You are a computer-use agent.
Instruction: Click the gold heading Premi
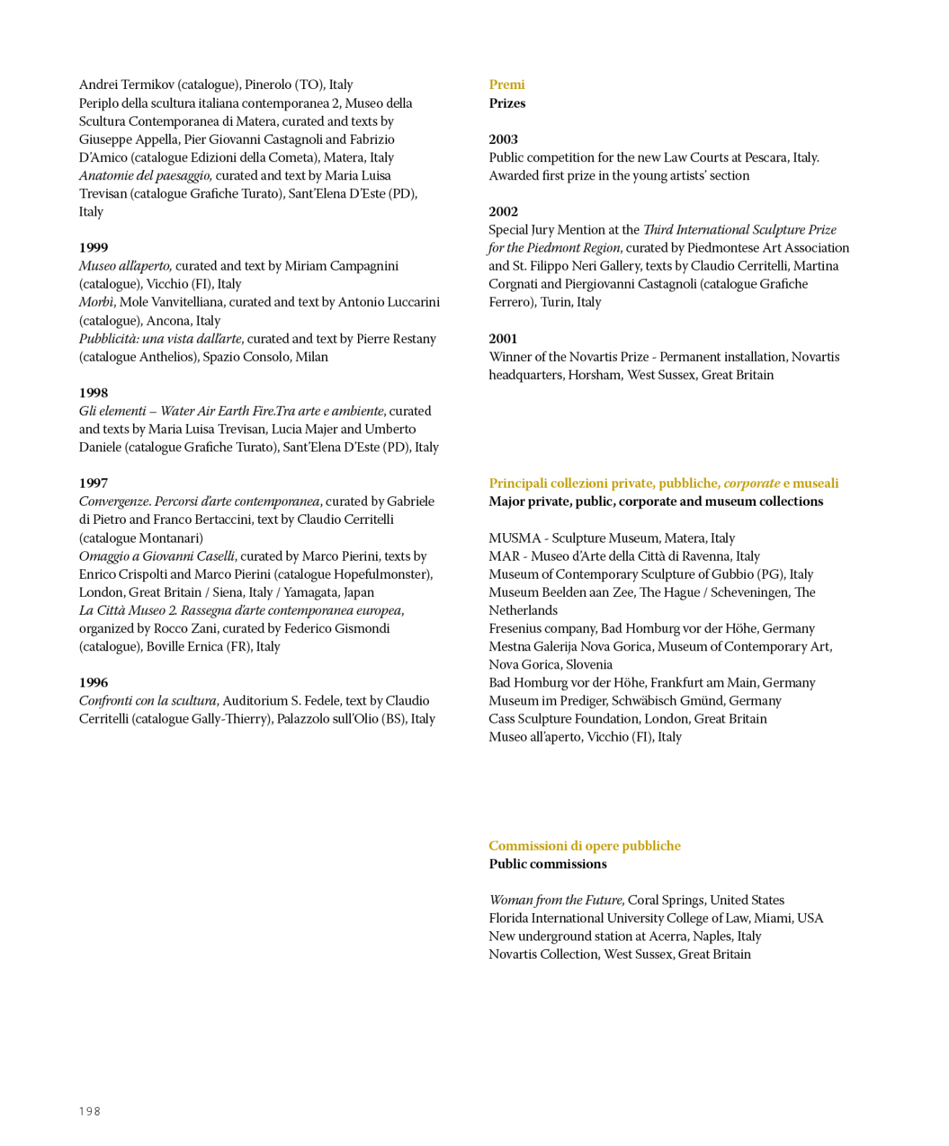[506, 85]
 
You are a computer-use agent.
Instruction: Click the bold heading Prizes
[506, 103]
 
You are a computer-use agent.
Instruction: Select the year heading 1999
[93, 247]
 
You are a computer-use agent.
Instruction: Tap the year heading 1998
[93, 393]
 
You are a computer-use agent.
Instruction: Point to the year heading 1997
[93, 483]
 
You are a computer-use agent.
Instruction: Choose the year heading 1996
[93, 682]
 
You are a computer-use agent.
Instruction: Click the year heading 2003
[503, 139]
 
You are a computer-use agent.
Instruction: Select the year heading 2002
[503, 211]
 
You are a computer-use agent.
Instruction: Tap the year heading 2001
[503, 339]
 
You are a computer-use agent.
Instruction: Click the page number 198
[90, 1111]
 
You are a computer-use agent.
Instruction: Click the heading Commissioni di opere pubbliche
[584, 846]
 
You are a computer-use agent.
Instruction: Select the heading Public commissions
[548, 864]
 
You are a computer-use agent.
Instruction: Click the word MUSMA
[514, 538]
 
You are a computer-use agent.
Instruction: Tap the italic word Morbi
[95, 302]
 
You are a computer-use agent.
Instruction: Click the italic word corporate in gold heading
[752, 483]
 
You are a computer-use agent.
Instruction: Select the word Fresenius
[516, 628]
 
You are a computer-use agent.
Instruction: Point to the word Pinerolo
[268, 85]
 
